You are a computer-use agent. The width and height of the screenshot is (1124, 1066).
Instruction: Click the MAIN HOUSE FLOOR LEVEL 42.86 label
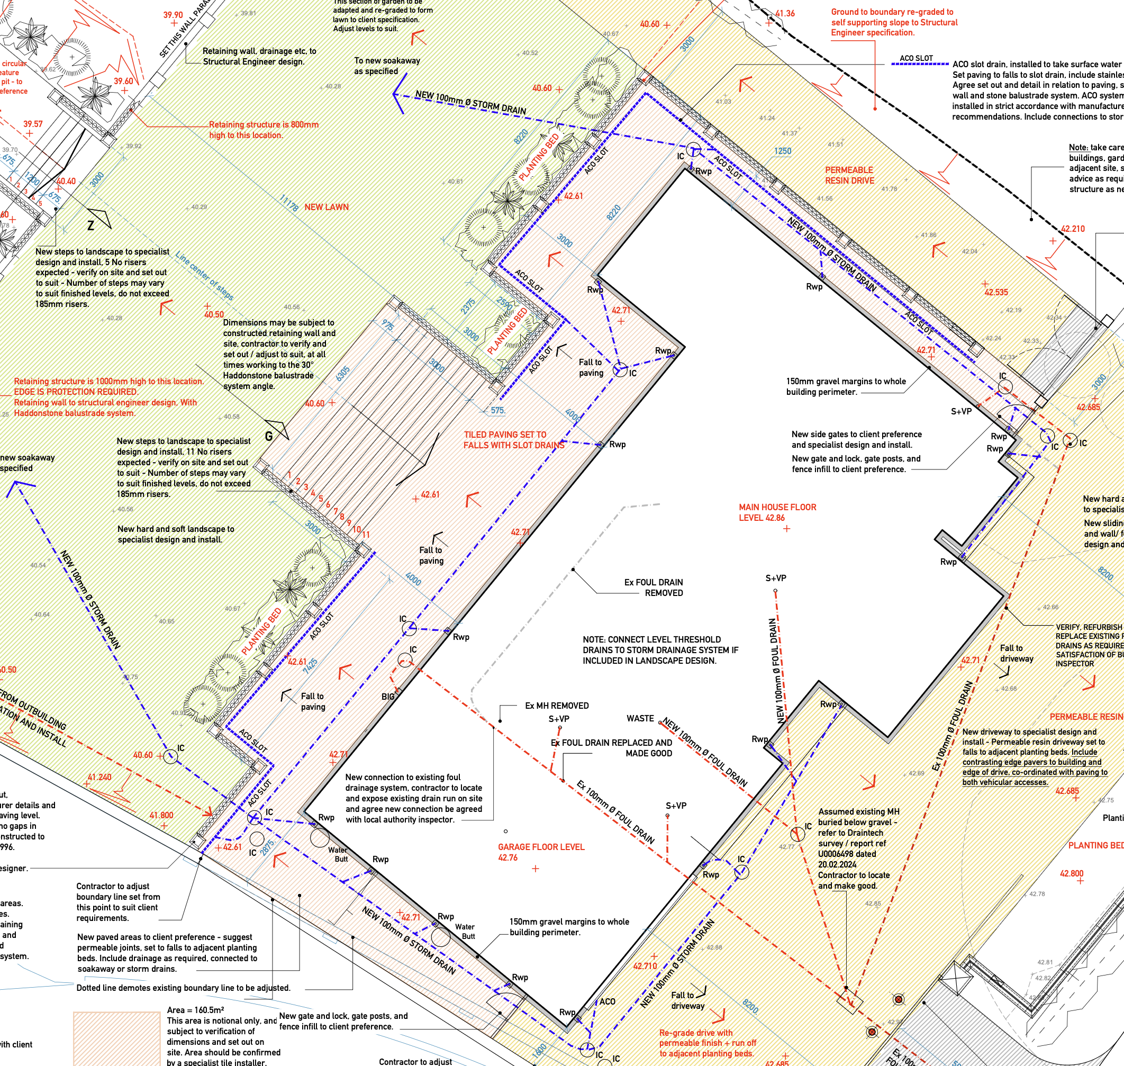[x=777, y=512]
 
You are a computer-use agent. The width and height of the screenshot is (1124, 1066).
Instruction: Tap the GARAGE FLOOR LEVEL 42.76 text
[x=540, y=852]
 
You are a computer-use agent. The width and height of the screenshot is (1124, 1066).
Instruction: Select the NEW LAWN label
[x=326, y=207]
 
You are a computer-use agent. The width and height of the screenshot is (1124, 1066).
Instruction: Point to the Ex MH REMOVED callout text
[x=556, y=705]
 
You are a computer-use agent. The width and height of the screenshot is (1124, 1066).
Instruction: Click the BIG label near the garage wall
[x=387, y=696]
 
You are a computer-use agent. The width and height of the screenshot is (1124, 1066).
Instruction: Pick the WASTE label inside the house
[x=640, y=718]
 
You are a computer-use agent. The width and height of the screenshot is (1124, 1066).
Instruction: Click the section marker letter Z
[x=90, y=225]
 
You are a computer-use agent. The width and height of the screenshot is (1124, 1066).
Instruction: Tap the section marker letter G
[x=269, y=436]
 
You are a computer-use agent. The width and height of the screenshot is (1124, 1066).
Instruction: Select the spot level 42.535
[x=995, y=292]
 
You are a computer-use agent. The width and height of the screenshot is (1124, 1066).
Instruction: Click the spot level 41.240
[x=99, y=777]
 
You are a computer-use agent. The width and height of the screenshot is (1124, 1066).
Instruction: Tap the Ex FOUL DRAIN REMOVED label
[x=654, y=587]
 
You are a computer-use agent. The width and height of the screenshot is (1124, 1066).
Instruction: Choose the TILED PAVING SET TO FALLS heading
[x=513, y=439]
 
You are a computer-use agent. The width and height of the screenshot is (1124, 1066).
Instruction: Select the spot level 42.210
[x=1073, y=229]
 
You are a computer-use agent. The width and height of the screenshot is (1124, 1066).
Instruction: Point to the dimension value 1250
[x=783, y=151]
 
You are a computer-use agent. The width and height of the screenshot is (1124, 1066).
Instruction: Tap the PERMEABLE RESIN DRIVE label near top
[x=849, y=175]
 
